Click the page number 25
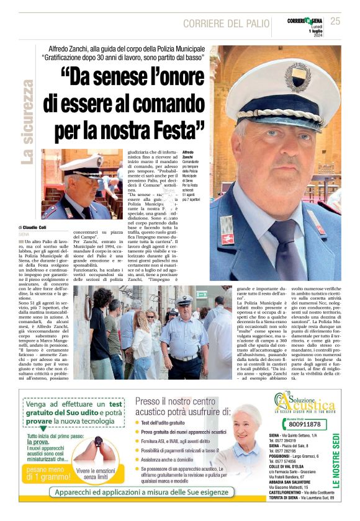click(x=335, y=22)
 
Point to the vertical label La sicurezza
click(x=27, y=122)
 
